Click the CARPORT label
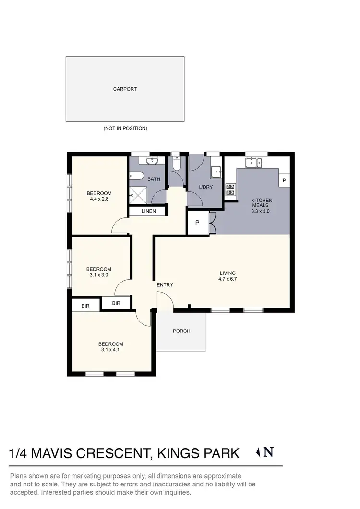click(125, 89)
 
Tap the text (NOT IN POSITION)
click(125, 129)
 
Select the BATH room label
click(154, 179)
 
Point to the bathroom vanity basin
click(154, 160)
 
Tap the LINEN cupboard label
click(148, 211)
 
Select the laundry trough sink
click(216, 171)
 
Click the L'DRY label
click(205, 187)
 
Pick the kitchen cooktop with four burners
click(230, 189)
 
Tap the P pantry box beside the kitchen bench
click(284, 180)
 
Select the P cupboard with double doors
click(198, 223)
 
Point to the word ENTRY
click(165, 285)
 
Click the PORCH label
click(181, 331)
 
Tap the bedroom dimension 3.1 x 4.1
click(110, 349)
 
